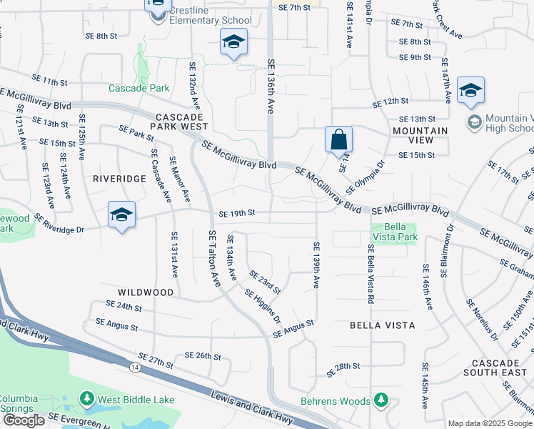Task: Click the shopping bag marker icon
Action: click(x=338, y=140)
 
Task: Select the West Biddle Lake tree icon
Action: click(x=86, y=398)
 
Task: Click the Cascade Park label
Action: click(x=139, y=88)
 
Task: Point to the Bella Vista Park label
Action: click(x=394, y=230)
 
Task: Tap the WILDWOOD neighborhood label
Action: click(x=146, y=292)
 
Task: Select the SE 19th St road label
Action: click(x=236, y=213)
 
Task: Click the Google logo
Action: click(x=24, y=420)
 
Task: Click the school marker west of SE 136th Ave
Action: click(x=233, y=43)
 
